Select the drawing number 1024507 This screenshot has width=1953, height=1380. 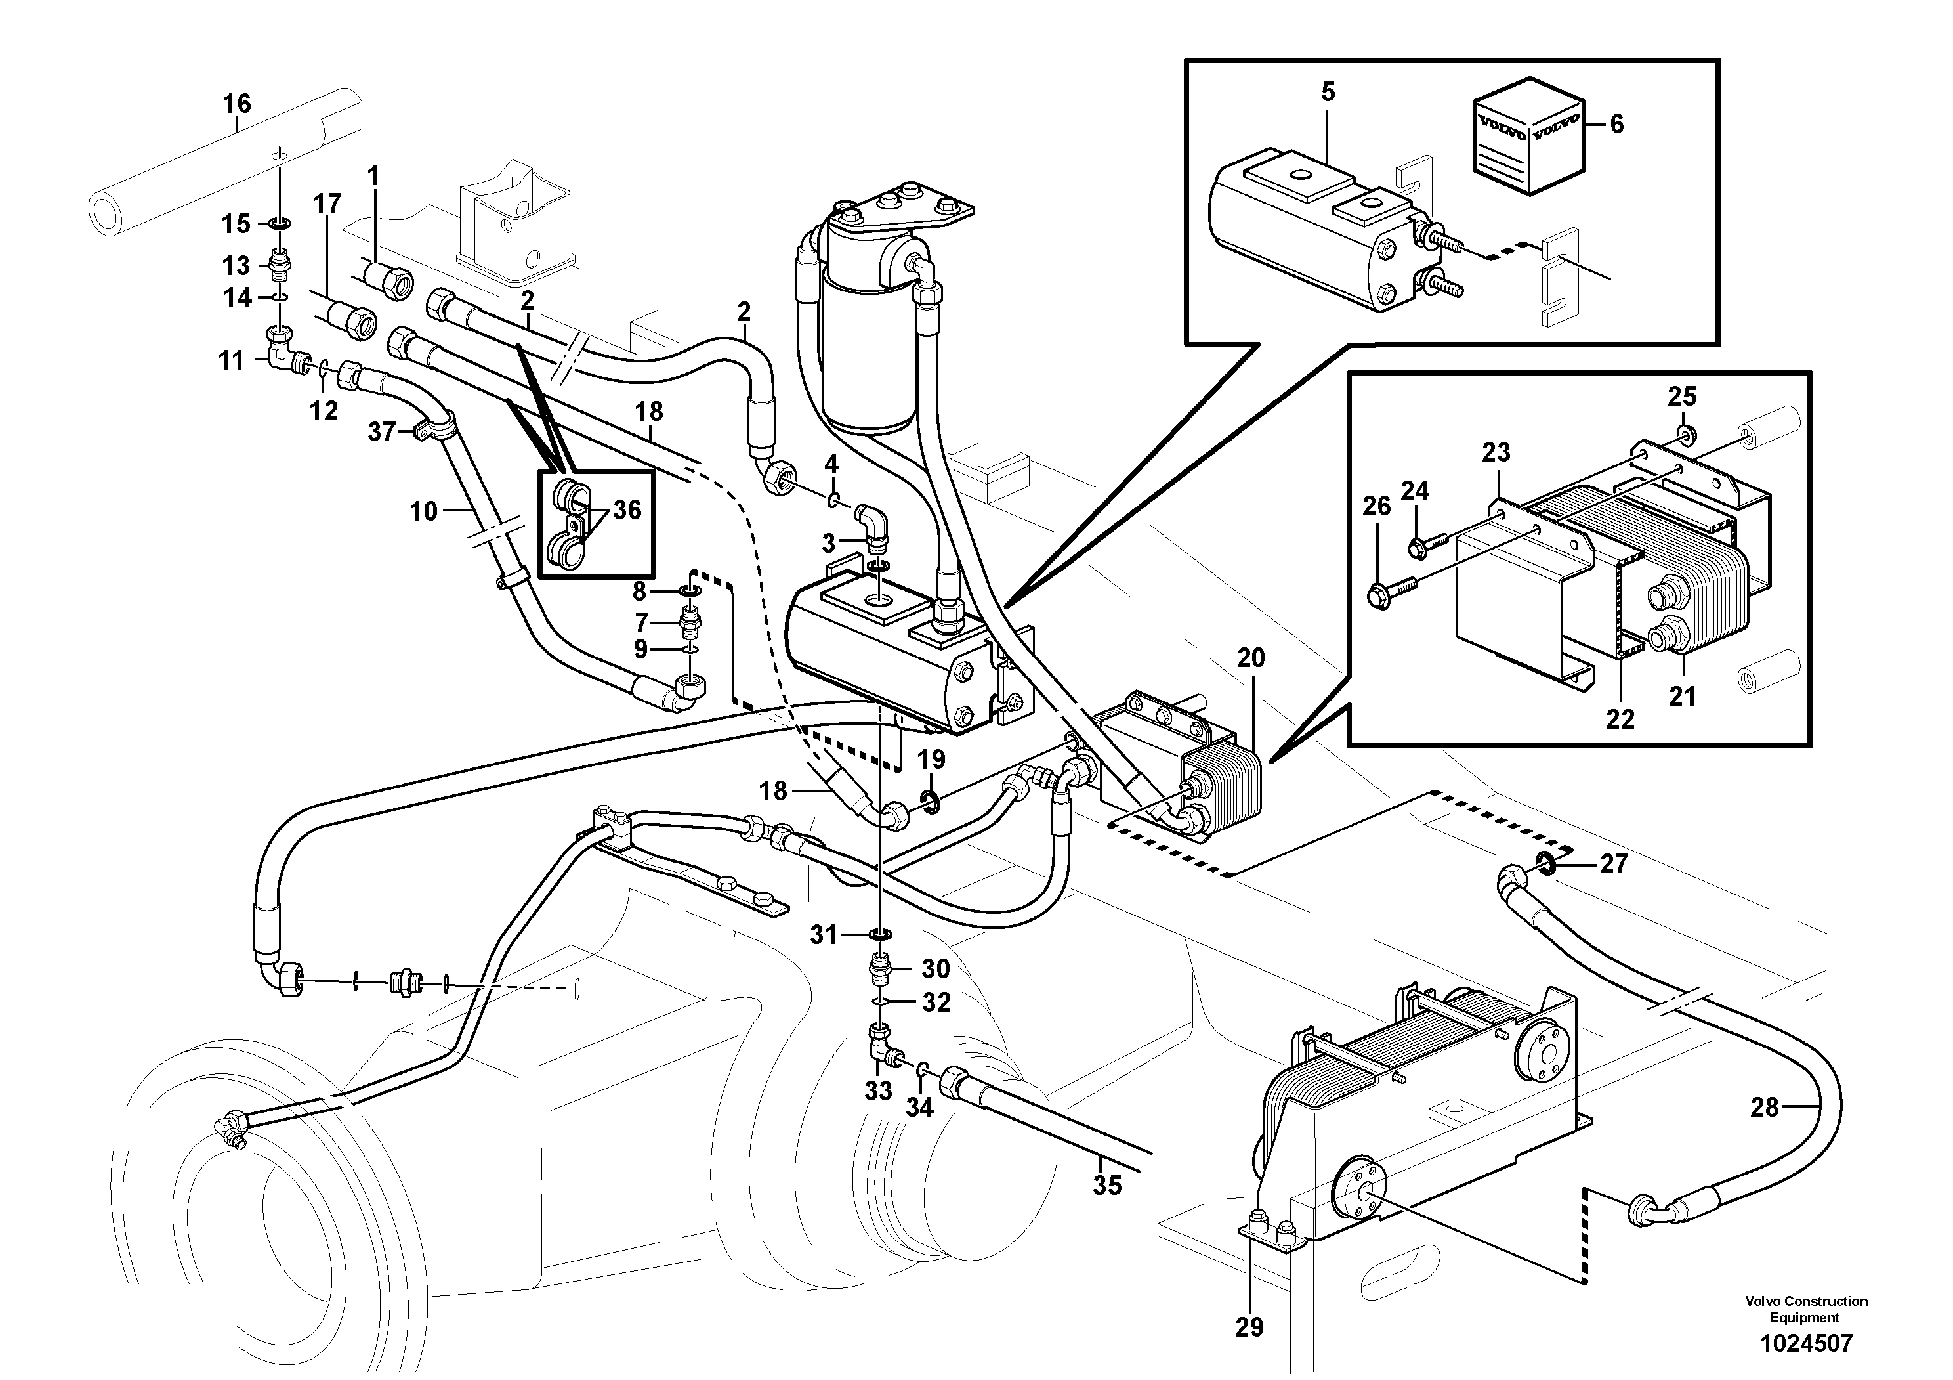pyautogui.click(x=1805, y=1343)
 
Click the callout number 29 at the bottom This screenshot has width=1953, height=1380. pyautogui.click(x=1249, y=1326)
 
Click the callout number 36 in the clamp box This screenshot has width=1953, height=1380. pyautogui.click(x=627, y=509)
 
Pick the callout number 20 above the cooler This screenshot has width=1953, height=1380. pyautogui.click(x=1250, y=658)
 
